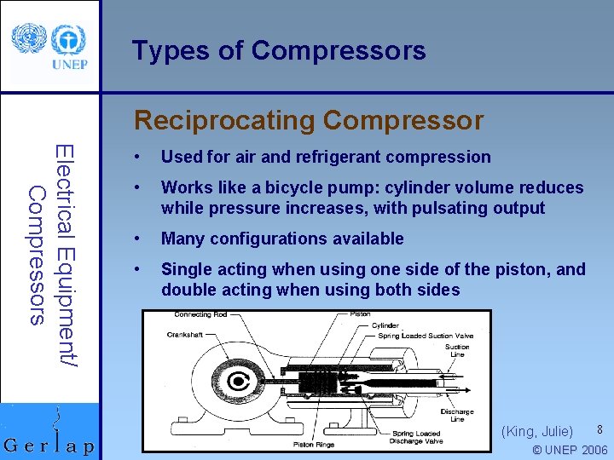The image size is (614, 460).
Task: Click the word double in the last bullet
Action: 188,290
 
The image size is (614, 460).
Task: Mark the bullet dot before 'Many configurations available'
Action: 136,239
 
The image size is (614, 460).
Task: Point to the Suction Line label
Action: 457,350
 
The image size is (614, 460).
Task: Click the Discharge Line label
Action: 457,415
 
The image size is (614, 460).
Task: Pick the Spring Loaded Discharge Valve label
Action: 415,438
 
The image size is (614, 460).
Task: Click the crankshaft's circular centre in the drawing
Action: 241,384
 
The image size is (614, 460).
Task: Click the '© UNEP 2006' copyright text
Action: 569,450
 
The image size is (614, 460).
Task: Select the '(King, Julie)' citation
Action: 537,432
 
